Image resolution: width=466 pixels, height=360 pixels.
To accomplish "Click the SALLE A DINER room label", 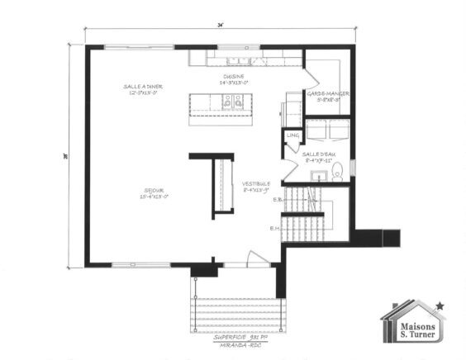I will click(x=141, y=87).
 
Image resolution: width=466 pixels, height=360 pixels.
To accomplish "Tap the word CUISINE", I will click(x=231, y=77).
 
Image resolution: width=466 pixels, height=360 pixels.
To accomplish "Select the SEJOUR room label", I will click(x=155, y=191).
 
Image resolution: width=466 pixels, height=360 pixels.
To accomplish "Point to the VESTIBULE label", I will click(x=258, y=184).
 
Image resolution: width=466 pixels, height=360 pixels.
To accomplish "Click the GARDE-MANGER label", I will click(x=327, y=94).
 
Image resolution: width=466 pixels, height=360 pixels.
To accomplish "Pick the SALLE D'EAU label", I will click(x=316, y=154).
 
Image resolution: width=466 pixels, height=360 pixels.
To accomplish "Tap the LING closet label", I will click(x=292, y=135).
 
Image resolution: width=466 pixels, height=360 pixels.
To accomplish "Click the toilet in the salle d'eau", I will click(x=337, y=171).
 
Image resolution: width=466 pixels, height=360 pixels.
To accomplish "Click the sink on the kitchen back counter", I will click(x=240, y=59).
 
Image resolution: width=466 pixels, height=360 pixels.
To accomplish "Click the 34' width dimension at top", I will click(x=221, y=26).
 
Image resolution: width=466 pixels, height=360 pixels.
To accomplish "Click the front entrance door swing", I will click(x=259, y=258).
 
